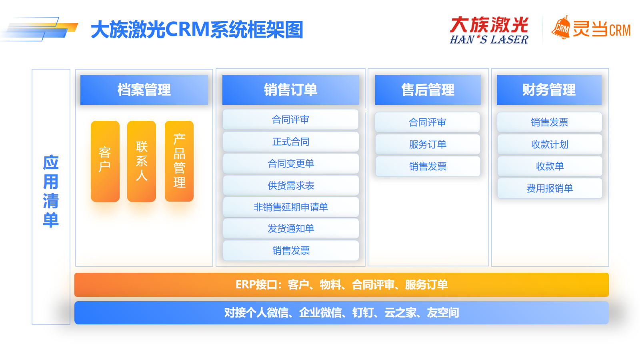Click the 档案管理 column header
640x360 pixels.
coord(144,90)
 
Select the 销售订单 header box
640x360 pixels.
coord(290,90)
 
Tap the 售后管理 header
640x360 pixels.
coord(428,90)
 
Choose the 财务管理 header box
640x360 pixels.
coord(549,90)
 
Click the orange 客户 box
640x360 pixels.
coord(105,161)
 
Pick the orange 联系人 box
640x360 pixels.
coord(142,161)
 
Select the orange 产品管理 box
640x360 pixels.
coord(179,161)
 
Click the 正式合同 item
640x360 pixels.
coord(290,142)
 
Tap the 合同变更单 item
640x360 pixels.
coord(290,164)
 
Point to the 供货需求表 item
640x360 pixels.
coord(290,186)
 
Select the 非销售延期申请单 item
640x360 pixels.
coord(290,207)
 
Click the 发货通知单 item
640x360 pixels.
coord(290,228)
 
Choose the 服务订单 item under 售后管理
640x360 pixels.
coord(428,144)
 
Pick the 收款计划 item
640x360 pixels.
coord(550,144)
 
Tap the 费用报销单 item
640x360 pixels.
coord(550,188)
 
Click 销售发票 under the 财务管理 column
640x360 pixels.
coord(550,122)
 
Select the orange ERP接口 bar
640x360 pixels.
coord(342,284)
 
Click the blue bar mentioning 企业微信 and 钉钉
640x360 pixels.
coord(342,312)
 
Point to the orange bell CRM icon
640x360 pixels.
coord(560,28)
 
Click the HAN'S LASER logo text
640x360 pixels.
coord(489,40)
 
